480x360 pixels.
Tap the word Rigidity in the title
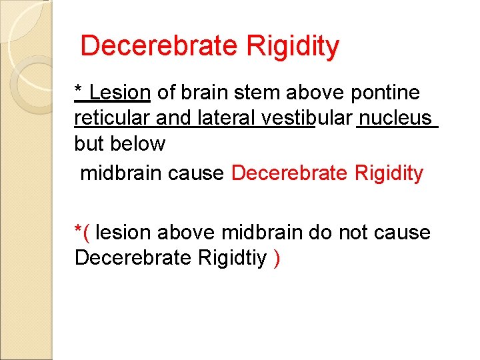293,46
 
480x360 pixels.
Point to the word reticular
112,118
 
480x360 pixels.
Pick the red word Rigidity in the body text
389,173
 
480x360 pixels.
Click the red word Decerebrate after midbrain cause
289,173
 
